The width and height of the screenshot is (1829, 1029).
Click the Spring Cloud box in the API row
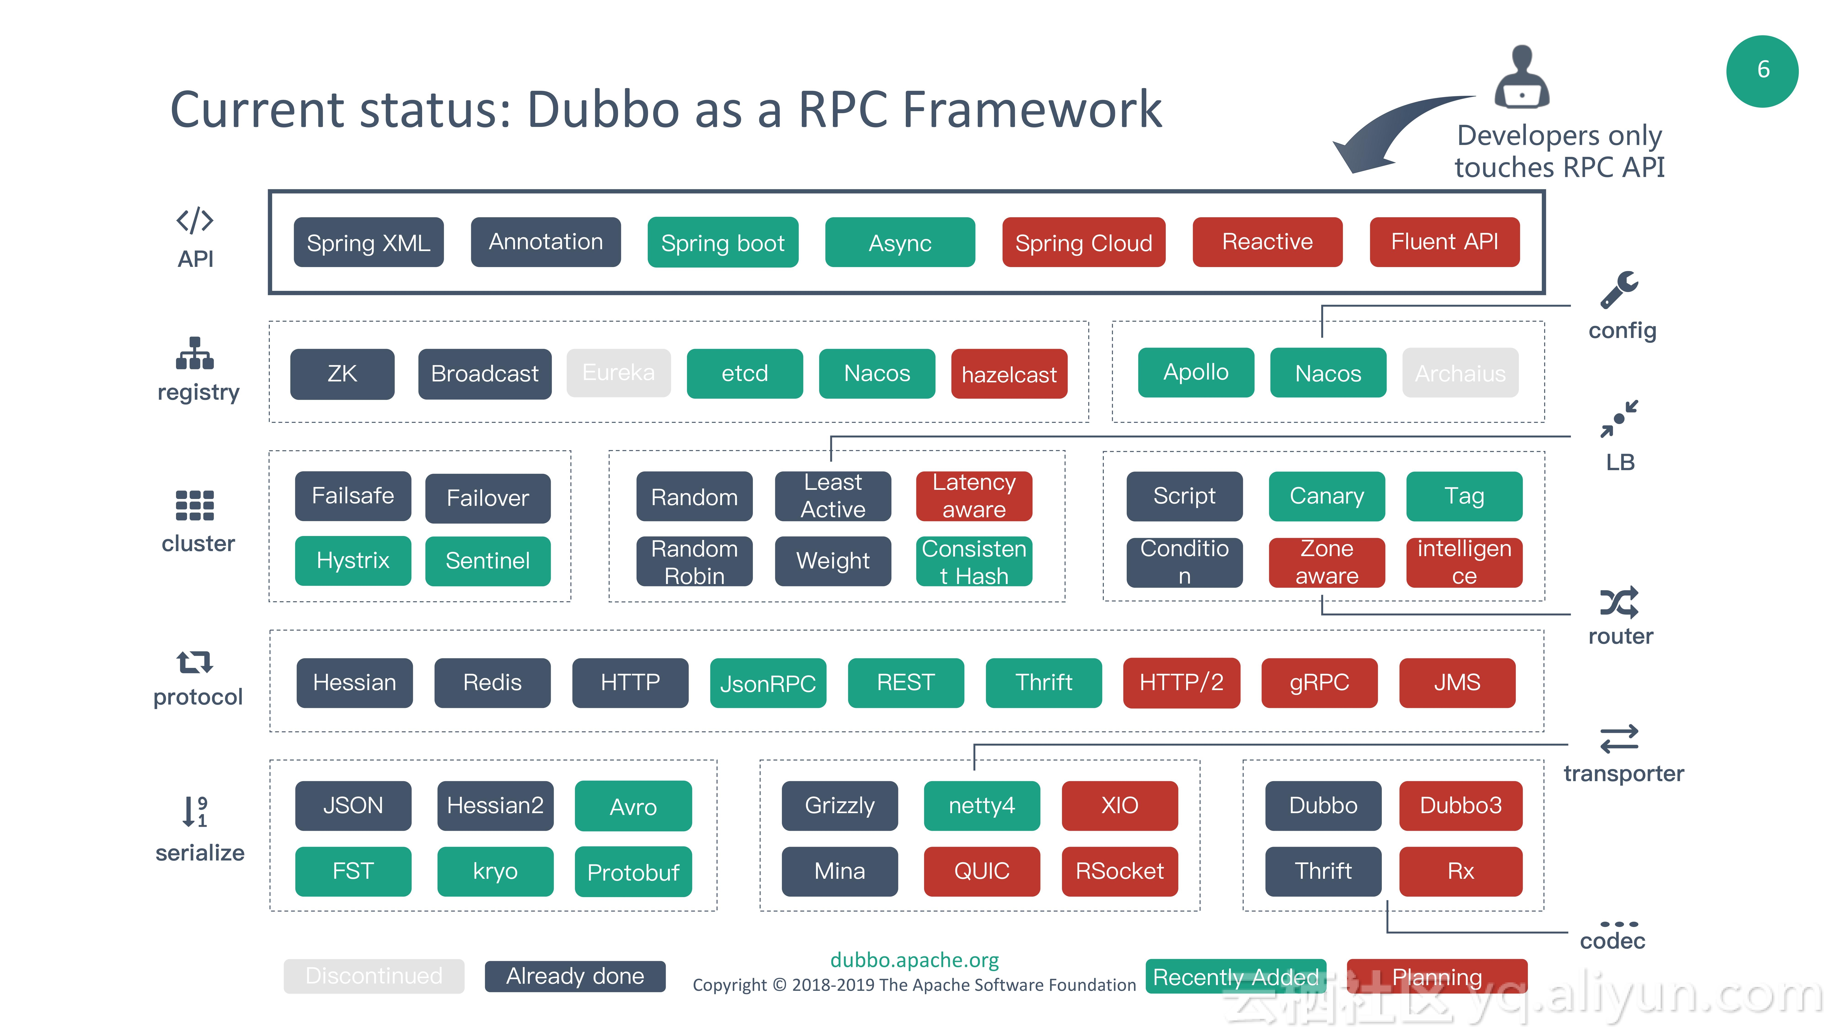tap(1083, 242)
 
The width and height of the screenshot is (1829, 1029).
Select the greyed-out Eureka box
tap(618, 373)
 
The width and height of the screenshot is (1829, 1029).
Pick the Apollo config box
tap(1196, 372)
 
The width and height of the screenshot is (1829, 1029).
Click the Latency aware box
tap(974, 496)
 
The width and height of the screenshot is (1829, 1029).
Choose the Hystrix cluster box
tap(353, 560)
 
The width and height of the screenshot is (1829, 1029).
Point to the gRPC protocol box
tap(1319, 682)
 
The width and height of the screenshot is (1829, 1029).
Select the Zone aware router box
tap(1326, 562)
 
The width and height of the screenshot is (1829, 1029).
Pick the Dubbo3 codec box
tap(1460, 805)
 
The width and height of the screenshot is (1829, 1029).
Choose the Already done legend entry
tap(575, 976)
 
